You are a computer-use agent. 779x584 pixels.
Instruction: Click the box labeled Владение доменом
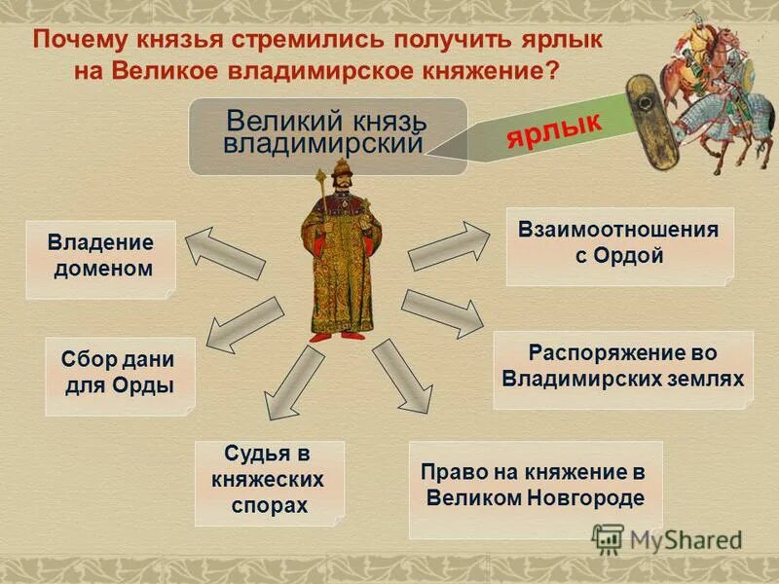[x=101, y=257]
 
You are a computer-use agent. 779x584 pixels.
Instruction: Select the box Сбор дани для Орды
[x=120, y=373]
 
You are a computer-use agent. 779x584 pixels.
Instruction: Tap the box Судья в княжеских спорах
[x=270, y=481]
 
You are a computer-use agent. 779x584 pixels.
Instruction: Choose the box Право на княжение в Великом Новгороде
[x=535, y=487]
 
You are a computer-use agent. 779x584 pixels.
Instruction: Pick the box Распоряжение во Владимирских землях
[x=623, y=365]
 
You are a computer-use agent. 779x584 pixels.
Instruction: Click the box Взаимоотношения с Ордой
[x=619, y=244]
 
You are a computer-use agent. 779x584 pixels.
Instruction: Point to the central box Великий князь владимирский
[x=327, y=135]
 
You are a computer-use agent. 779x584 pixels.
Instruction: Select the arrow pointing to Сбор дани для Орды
[x=243, y=325]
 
